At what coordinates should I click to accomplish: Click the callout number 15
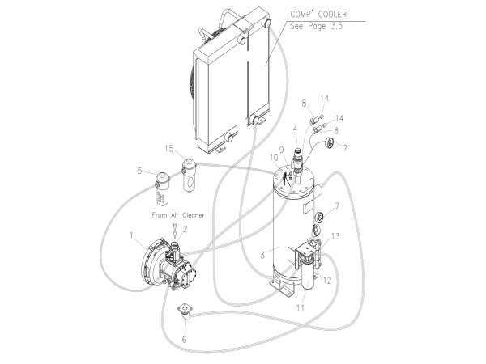(169, 149)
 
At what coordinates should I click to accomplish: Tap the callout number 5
(140, 171)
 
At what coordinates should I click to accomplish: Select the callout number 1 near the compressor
(131, 236)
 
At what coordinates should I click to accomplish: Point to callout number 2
(185, 230)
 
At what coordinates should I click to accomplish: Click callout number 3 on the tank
(262, 256)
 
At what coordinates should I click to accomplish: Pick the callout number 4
(295, 129)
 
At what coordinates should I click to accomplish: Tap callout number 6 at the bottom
(184, 340)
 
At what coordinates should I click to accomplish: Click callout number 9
(281, 150)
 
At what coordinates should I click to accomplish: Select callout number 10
(274, 158)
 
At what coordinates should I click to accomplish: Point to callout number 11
(301, 307)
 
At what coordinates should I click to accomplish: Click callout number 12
(327, 281)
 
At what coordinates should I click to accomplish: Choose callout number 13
(335, 236)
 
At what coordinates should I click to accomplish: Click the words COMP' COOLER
(318, 14)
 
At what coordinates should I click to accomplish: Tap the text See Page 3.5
(316, 26)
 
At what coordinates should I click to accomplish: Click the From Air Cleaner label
(178, 215)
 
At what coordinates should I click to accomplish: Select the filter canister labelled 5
(162, 188)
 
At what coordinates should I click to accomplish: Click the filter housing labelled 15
(189, 175)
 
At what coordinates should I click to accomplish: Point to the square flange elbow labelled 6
(184, 312)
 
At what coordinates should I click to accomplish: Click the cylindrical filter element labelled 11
(308, 274)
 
